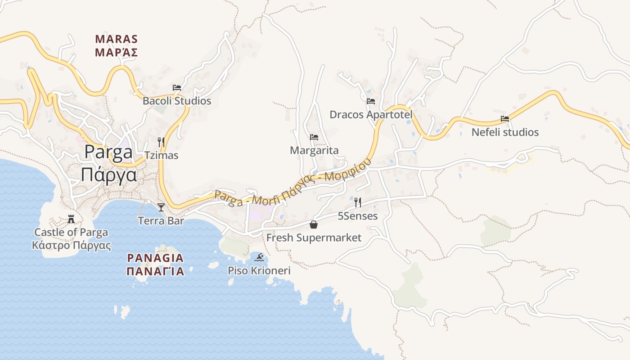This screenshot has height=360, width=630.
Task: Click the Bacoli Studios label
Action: (176, 101)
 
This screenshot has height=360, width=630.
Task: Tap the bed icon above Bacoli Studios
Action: (177, 87)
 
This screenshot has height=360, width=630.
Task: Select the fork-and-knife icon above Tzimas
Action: (161, 142)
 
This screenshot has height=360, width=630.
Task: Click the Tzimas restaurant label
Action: (161, 156)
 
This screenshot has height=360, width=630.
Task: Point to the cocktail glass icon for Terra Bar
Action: (161, 207)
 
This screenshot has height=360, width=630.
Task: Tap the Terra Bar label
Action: (161, 221)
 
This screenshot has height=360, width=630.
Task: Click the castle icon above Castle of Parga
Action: (71, 219)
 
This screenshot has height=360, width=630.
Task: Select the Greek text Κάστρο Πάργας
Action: (71, 245)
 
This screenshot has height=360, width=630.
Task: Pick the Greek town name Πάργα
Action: (109, 175)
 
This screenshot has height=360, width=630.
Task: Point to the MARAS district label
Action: (116, 39)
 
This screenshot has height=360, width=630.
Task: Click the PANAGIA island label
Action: (155, 258)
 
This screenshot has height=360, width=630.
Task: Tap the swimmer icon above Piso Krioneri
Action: (259, 257)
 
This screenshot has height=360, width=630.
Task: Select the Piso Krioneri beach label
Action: (259, 270)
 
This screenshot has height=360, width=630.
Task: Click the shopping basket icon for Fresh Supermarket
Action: (314, 224)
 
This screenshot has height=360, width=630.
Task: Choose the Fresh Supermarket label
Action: (314, 237)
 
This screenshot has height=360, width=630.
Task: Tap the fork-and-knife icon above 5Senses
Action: (358, 202)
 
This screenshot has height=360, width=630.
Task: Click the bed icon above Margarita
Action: (314, 137)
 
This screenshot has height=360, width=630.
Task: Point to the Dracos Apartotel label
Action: (371, 114)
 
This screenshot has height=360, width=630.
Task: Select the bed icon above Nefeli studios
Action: (505, 119)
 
